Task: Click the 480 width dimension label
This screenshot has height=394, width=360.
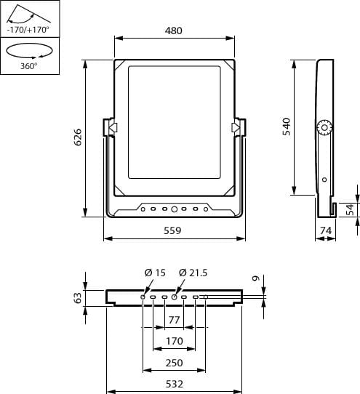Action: point(174,31)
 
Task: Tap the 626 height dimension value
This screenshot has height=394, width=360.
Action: point(78,137)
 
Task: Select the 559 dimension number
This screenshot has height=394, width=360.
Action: point(172,230)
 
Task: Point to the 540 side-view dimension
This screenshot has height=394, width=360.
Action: point(287,126)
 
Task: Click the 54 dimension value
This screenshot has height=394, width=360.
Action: point(350,210)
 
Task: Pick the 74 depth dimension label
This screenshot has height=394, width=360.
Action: point(326,230)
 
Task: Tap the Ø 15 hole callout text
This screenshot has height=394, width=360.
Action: point(155,273)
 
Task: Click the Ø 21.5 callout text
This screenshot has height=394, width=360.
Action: point(193,273)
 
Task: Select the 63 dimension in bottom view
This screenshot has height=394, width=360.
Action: point(78,298)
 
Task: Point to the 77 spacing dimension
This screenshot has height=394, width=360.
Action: point(175,320)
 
